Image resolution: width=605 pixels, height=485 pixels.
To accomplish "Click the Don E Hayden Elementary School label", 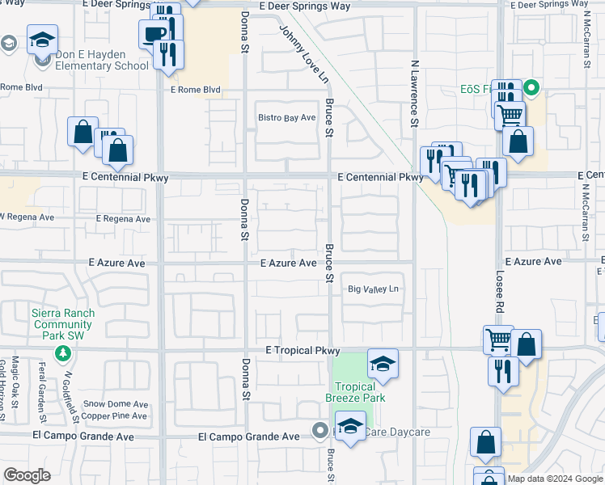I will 102,61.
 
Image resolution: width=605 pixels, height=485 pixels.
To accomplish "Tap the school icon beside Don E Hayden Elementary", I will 42,39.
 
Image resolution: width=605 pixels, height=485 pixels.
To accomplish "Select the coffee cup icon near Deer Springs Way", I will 154,34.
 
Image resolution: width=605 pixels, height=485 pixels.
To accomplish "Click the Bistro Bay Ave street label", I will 286,118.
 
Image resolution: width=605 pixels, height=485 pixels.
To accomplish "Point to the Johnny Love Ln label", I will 304,54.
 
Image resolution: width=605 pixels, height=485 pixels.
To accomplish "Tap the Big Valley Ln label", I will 374,289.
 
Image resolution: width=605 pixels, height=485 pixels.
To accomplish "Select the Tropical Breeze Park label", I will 355,391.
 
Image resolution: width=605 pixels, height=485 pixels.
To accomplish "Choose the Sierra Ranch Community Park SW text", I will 63,323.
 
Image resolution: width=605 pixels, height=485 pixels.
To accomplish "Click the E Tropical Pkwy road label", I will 303,350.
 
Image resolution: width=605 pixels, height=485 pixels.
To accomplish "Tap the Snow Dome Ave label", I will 116,404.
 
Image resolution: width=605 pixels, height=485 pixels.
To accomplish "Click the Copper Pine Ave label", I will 116,416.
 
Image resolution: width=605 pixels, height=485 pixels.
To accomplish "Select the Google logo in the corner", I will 27,475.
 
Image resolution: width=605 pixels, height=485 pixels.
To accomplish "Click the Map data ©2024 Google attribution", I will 555,479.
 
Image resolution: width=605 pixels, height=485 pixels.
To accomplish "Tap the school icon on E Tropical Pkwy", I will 383,364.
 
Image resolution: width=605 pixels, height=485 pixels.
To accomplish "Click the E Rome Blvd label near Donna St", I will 195,90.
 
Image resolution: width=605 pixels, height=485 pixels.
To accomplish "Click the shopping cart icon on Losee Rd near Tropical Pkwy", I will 498,339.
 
